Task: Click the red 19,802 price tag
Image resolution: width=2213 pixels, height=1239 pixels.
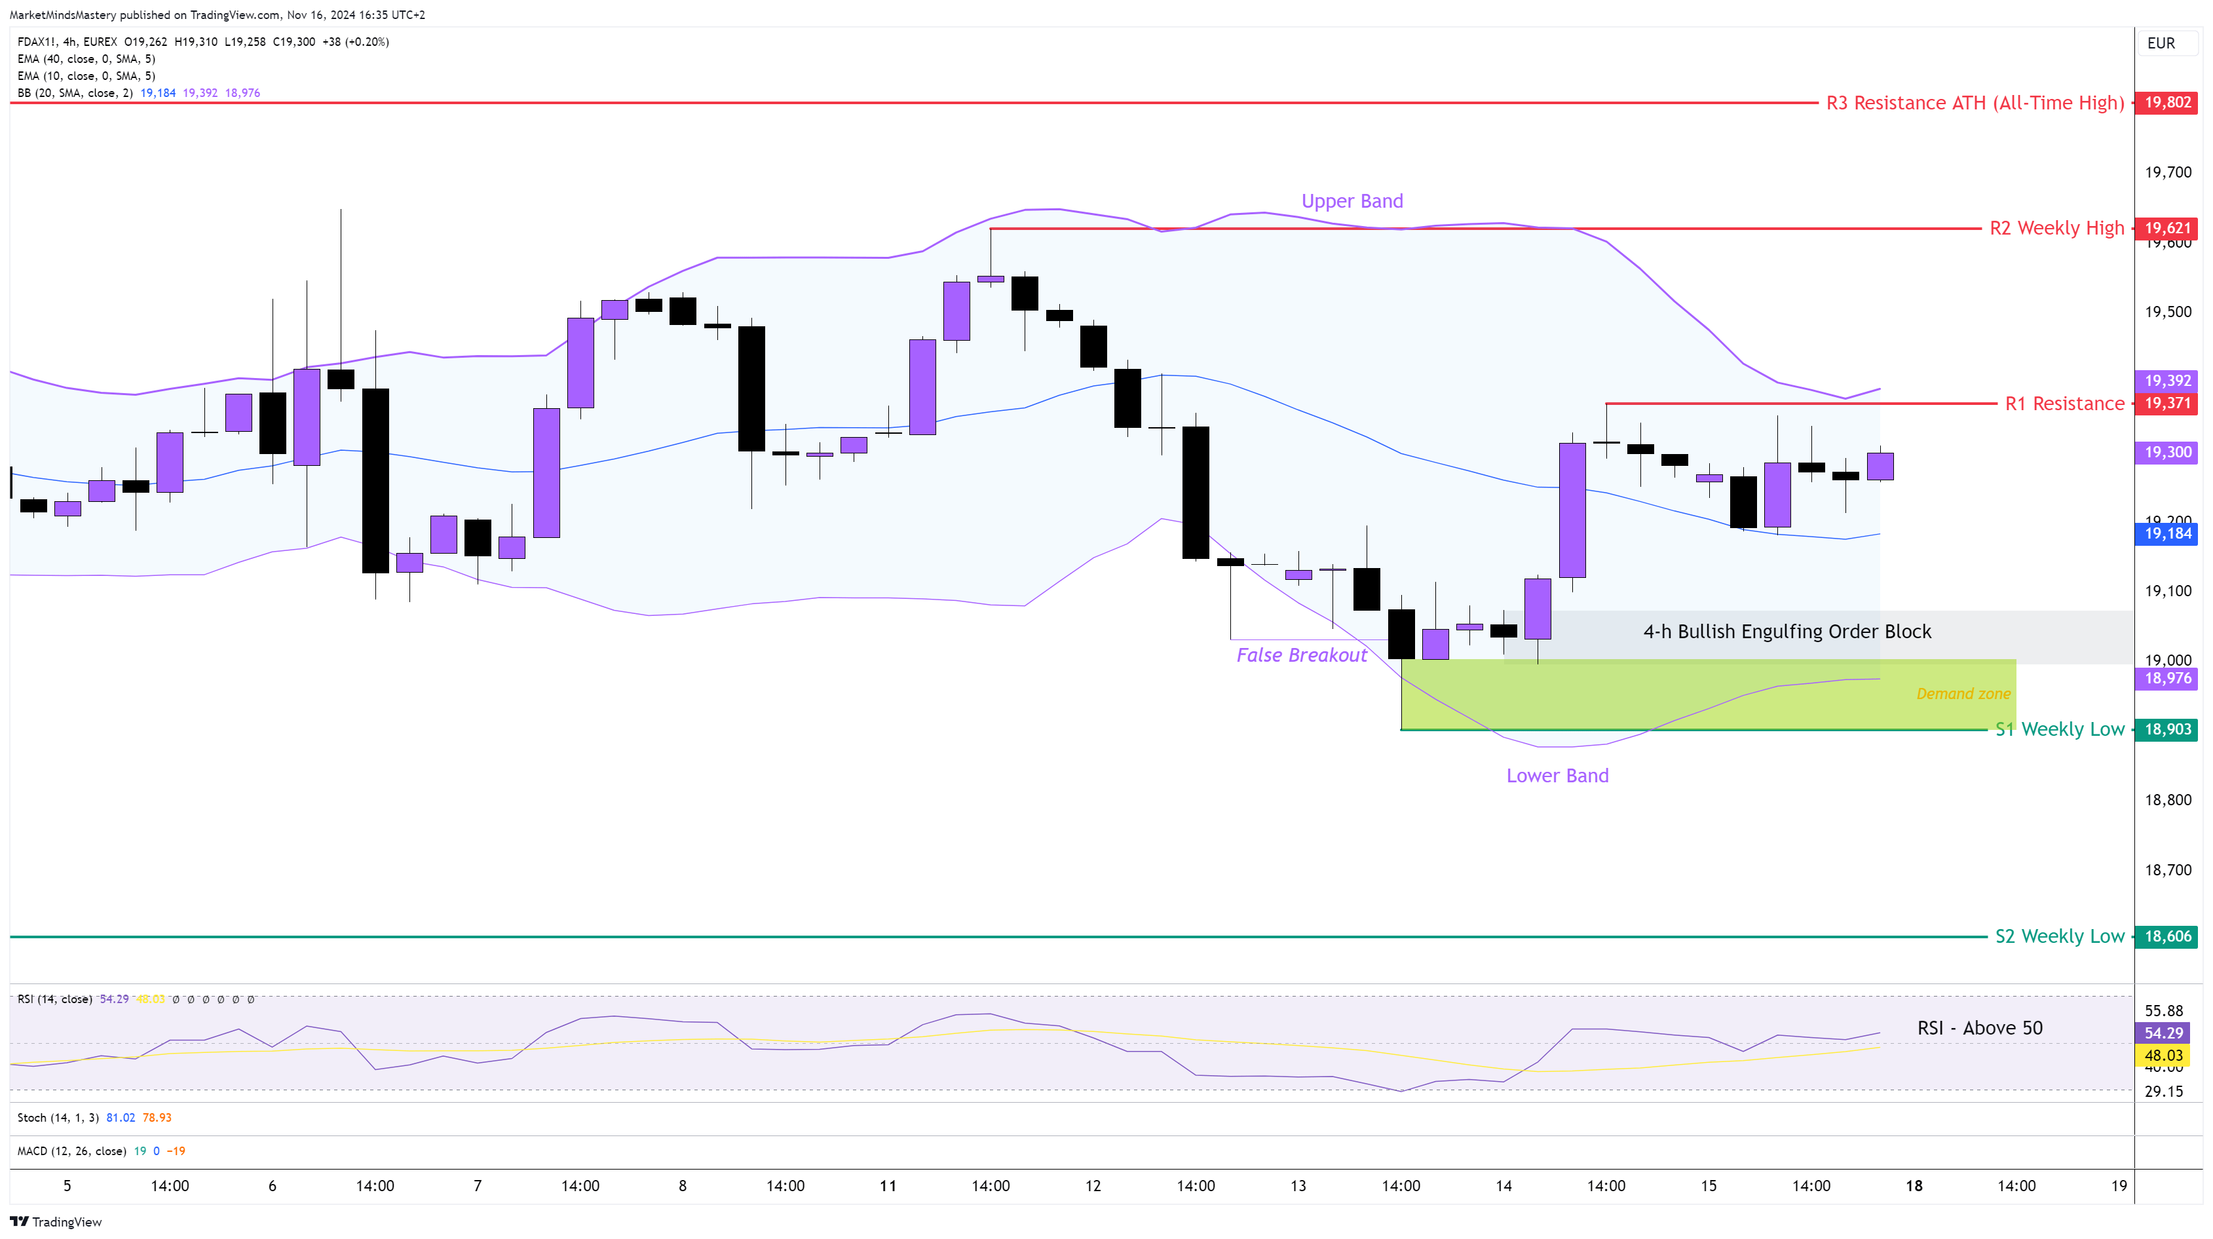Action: click(x=2166, y=103)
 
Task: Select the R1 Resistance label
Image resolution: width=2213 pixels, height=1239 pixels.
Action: click(x=2064, y=404)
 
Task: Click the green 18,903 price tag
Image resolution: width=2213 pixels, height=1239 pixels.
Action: click(x=2166, y=729)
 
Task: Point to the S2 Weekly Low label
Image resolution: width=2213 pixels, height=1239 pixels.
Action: click(x=2059, y=936)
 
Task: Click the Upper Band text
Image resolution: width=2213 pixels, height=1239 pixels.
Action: click(x=1352, y=201)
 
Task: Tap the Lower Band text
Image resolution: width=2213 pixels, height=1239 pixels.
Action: click(x=1557, y=776)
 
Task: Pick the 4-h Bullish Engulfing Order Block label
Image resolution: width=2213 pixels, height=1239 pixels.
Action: click(x=1787, y=632)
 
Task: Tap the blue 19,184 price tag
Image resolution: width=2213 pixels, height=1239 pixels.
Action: click(x=2166, y=533)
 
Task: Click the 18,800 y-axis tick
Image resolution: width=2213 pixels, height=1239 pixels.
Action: click(x=2167, y=800)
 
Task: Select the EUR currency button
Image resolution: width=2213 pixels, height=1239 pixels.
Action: click(x=2161, y=43)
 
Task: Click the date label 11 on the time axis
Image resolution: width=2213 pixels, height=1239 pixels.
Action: click(x=888, y=1187)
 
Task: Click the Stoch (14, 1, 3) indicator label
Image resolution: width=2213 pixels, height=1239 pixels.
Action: click(x=58, y=1118)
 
